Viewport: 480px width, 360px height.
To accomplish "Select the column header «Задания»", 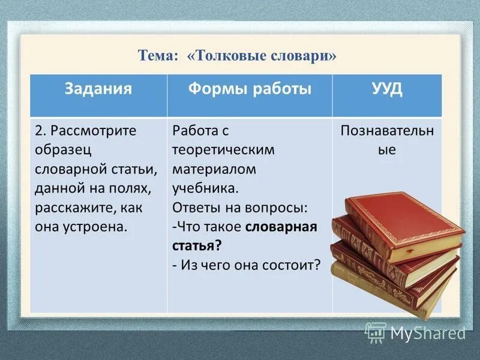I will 98,89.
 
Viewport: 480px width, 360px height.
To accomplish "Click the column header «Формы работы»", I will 250,89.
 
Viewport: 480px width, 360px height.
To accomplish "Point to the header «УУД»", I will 387,89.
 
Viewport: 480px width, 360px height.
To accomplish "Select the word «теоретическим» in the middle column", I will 223,150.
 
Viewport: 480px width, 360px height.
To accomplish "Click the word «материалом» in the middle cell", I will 214,169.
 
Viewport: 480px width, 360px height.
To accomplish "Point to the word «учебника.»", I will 205,188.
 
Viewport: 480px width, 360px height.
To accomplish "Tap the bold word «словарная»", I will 281,227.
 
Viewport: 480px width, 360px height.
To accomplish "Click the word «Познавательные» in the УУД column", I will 387,140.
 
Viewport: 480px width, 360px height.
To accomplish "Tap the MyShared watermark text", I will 428,332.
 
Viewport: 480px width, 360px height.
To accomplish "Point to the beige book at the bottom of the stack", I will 384,288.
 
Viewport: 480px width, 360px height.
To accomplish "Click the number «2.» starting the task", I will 41,131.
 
